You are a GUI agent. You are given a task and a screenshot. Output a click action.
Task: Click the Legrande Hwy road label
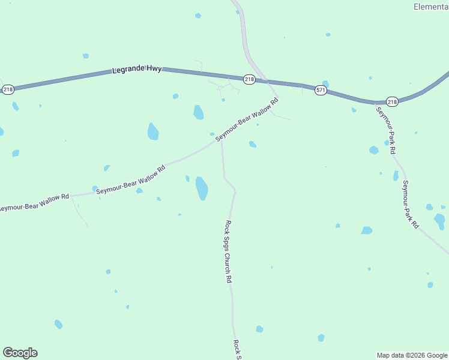pyautogui.click(x=137, y=70)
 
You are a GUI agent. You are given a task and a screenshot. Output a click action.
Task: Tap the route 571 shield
pyautogui.click(x=321, y=91)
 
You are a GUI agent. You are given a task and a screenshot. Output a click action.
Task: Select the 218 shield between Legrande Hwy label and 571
pyautogui.click(x=249, y=79)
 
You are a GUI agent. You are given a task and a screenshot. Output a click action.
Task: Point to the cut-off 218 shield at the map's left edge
pyautogui.click(x=7, y=89)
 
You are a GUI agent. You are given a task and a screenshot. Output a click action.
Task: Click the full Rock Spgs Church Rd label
pyautogui.click(x=228, y=251)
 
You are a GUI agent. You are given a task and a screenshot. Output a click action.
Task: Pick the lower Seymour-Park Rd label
pyautogui.click(x=411, y=204)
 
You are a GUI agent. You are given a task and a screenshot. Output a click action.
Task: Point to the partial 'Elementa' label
pyautogui.click(x=431, y=7)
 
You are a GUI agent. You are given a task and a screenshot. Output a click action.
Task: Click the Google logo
pyautogui.click(x=20, y=353)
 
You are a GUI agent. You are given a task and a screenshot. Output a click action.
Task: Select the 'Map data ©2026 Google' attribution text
pyautogui.click(x=412, y=355)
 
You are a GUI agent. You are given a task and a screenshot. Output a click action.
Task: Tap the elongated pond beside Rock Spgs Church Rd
pyautogui.click(x=202, y=188)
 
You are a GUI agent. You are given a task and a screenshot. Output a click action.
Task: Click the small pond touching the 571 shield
pyautogui.click(x=325, y=83)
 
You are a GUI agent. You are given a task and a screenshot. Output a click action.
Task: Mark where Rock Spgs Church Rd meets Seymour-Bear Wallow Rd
pyautogui.click(x=221, y=140)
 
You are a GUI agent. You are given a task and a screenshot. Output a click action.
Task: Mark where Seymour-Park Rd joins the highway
pyautogui.click(x=375, y=103)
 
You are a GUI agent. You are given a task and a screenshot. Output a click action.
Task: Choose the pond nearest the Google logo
pyautogui.click(x=58, y=324)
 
